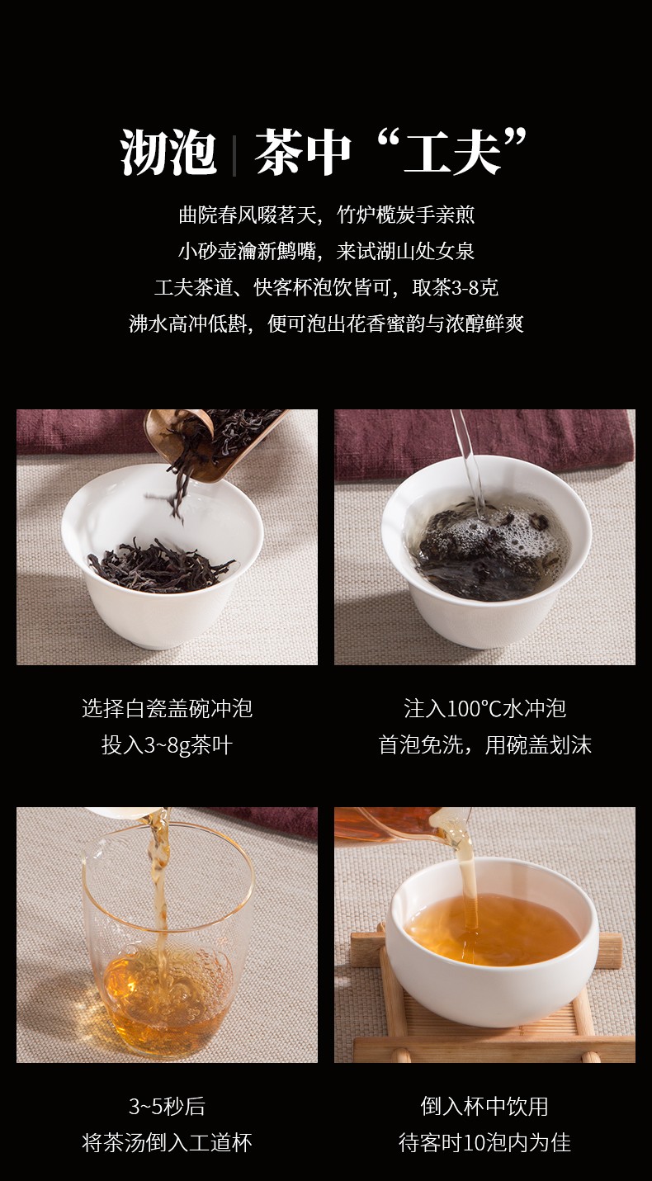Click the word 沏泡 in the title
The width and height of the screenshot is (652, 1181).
pyautogui.click(x=168, y=152)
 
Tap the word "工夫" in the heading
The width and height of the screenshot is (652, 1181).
pyautogui.click(x=452, y=152)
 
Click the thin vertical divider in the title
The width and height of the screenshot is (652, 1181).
pyautogui.click(x=234, y=155)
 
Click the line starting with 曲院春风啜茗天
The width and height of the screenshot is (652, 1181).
pyautogui.click(x=326, y=215)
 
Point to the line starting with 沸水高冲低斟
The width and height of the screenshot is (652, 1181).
pyautogui.click(x=326, y=324)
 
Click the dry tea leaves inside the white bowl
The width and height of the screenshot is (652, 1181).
pyautogui.click(x=161, y=565)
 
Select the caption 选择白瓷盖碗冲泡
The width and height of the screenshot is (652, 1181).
pyautogui.click(x=167, y=708)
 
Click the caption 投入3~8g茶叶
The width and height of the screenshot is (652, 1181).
pyautogui.click(x=167, y=745)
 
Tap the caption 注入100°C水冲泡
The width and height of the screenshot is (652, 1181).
pyautogui.click(x=485, y=708)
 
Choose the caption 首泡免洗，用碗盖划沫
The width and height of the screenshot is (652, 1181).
pyautogui.click(x=485, y=745)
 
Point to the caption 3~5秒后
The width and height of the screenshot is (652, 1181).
pyautogui.click(x=167, y=1106)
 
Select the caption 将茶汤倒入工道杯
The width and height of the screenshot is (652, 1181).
pyautogui.click(x=167, y=1142)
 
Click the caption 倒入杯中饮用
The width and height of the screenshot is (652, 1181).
pyautogui.click(x=485, y=1106)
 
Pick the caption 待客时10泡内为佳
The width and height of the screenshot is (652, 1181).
pyautogui.click(x=485, y=1142)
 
